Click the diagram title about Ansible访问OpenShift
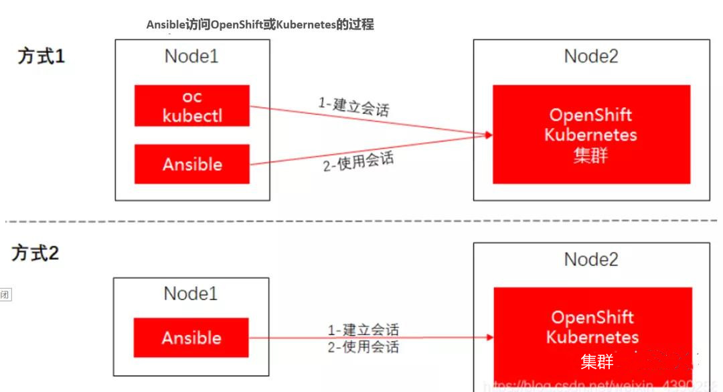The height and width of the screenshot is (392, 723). tap(260, 25)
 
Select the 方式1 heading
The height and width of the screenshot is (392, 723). tap(42, 56)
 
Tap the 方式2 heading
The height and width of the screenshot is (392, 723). tap(35, 253)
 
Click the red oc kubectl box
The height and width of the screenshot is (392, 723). tap(192, 106)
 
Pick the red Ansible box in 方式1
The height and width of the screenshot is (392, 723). tap(192, 164)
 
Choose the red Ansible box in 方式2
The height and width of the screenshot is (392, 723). tap(191, 338)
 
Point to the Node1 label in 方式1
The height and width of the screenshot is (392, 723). tap(191, 56)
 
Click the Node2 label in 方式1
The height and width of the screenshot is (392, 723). tap(591, 56)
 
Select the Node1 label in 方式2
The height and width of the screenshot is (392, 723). tap(191, 293)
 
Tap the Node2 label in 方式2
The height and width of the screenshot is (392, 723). tap(591, 259)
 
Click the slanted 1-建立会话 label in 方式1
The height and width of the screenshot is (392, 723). tap(353, 107)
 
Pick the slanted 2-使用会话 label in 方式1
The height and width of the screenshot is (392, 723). tap(358, 162)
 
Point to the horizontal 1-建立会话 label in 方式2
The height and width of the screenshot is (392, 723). tap(363, 330)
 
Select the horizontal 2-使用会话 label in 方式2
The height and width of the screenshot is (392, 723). tap(363, 346)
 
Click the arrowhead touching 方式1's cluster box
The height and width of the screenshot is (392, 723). tap(489, 135)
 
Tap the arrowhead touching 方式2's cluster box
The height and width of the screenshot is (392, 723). tap(489, 338)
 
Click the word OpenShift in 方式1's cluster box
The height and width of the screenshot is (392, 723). tap(591, 115)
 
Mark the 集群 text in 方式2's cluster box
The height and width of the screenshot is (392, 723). tap(596, 362)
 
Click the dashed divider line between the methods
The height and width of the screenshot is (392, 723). tap(361, 220)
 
